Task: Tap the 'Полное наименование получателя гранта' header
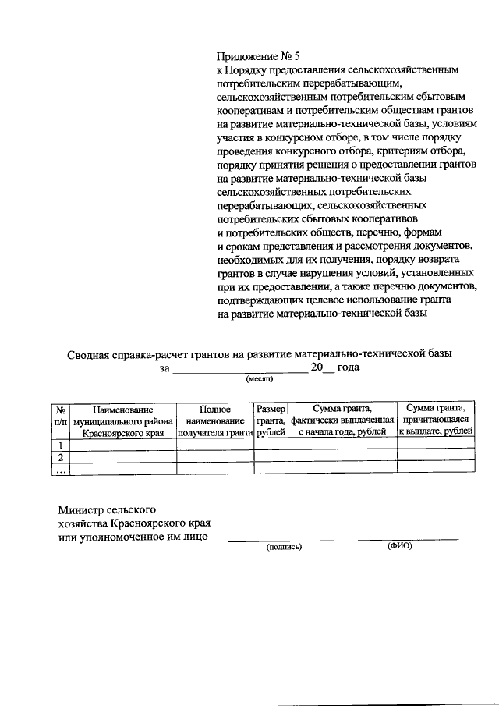(215, 420)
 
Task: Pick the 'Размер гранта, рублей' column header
(271, 420)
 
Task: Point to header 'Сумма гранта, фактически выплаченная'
(342, 420)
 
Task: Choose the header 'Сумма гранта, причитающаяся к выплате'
(436, 420)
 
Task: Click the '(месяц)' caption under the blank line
(259, 379)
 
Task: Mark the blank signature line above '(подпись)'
(281, 539)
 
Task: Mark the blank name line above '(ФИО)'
(408, 538)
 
